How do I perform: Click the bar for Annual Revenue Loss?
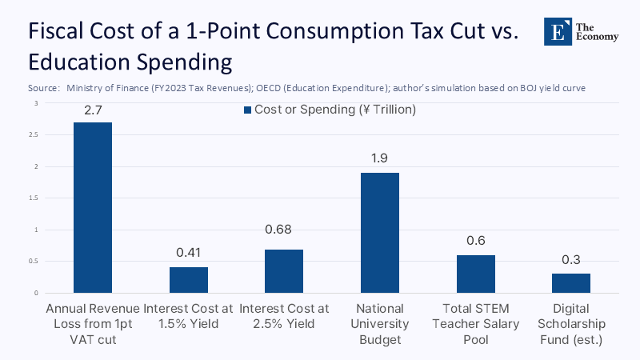click(x=93, y=208)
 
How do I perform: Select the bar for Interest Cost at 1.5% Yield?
click(x=189, y=280)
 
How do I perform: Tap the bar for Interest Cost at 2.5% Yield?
click(x=284, y=271)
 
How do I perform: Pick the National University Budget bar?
click(x=380, y=233)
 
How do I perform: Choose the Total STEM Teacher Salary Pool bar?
click(x=476, y=274)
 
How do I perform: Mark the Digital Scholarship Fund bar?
click(x=571, y=283)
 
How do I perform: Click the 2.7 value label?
click(x=93, y=109)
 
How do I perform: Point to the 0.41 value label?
click(x=189, y=254)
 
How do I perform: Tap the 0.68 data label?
click(x=284, y=230)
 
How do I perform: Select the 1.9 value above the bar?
click(x=380, y=159)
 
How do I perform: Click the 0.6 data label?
click(x=476, y=241)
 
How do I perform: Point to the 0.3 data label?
click(x=571, y=260)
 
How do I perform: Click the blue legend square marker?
click(x=248, y=110)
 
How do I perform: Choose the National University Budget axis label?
click(x=380, y=324)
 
